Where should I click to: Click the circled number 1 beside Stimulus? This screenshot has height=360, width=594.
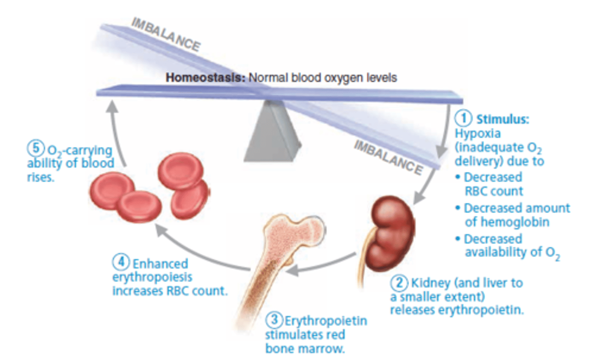click(x=463, y=118)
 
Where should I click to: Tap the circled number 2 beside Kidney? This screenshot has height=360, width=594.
click(x=399, y=283)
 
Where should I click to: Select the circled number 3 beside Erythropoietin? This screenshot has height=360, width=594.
click(x=273, y=320)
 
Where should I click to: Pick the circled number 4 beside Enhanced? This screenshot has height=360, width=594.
click(x=121, y=262)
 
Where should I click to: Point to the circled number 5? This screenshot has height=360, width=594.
click(x=36, y=148)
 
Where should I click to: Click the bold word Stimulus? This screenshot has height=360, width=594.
click(x=502, y=119)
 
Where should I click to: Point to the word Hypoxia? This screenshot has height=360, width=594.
click(x=478, y=133)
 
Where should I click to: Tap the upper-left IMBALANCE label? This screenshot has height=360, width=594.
click(x=166, y=34)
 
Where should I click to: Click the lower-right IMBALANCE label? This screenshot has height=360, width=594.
click(x=388, y=157)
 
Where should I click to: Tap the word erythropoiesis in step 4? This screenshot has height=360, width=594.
click(x=152, y=277)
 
